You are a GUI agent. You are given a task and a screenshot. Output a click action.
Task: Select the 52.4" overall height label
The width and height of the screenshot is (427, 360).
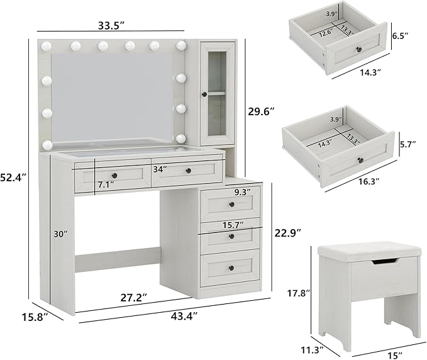tap(14, 177)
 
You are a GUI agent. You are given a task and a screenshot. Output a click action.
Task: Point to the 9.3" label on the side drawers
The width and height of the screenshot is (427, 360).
tap(243, 191)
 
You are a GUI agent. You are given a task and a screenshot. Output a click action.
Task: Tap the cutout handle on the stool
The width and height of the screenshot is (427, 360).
tap(384, 262)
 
